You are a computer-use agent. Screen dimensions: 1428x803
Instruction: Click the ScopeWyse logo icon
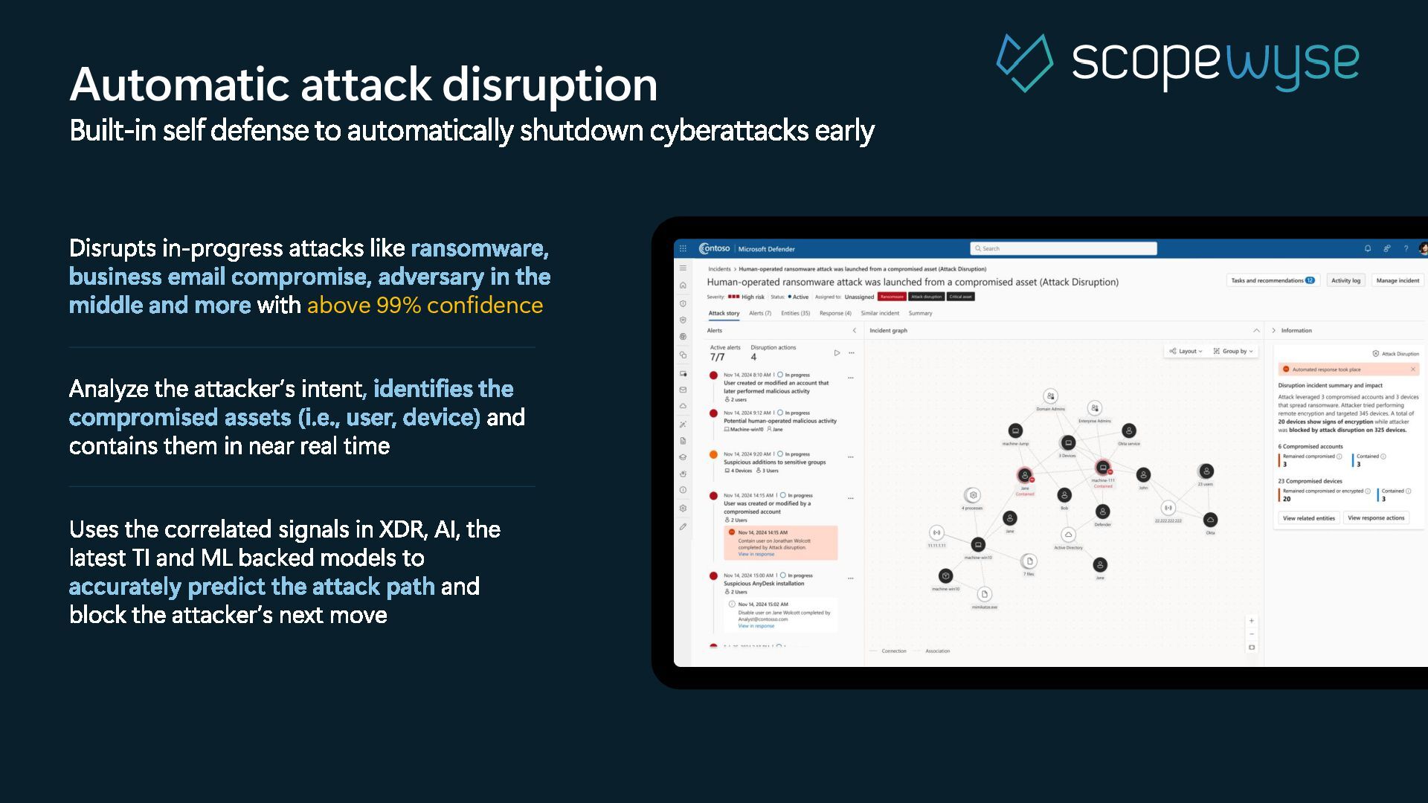coord(1024,62)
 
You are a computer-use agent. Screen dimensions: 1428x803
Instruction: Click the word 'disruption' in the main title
coord(554,84)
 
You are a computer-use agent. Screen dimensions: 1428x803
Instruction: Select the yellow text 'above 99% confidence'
coord(425,305)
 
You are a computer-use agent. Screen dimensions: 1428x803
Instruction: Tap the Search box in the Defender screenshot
coord(1064,248)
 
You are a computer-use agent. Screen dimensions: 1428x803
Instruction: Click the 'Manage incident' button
coord(1398,280)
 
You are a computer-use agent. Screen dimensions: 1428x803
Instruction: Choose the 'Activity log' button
coord(1345,280)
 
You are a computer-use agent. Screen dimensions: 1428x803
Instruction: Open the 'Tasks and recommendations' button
coord(1273,280)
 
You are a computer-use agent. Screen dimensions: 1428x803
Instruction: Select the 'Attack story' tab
coord(724,313)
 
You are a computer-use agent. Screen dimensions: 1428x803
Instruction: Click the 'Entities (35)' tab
coord(795,313)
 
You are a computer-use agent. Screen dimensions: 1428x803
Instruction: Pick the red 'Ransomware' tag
coord(892,297)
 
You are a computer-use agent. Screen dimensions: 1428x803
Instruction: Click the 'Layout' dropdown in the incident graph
coord(1186,351)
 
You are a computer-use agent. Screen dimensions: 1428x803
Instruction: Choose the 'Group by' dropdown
coord(1233,351)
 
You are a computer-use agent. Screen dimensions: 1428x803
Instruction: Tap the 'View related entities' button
coord(1309,518)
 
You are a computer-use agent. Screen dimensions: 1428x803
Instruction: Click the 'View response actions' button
coord(1376,518)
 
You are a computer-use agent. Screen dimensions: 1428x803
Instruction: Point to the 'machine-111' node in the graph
coord(1103,468)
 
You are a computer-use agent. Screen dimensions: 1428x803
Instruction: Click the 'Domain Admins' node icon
coord(1050,397)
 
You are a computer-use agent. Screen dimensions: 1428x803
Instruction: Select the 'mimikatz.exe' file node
coord(985,594)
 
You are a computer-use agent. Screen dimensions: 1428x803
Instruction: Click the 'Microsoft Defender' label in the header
coord(766,249)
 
